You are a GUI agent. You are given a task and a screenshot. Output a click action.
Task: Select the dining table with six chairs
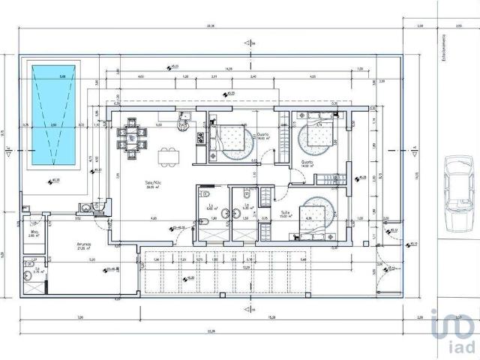[133, 136]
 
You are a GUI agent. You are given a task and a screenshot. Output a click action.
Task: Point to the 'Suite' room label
[286, 212]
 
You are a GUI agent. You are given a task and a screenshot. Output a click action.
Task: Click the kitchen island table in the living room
[169, 155]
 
